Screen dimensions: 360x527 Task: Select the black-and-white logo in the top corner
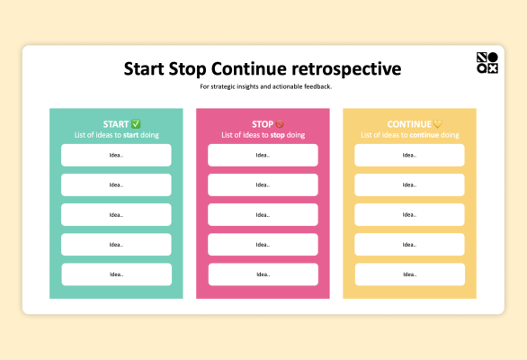[x=487, y=63]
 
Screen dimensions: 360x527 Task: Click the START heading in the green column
[x=116, y=124]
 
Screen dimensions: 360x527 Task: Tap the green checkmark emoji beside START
[x=136, y=124]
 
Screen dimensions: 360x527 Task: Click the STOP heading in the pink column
[x=262, y=124]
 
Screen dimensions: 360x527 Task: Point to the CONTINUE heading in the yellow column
[x=408, y=124]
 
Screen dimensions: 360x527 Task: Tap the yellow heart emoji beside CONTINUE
[x=438, y=124]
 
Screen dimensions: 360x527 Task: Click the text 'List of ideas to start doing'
[x=116, y=135]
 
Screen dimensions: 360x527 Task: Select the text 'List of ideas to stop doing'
[x=263, y=135]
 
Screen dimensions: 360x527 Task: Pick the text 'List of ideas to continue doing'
[x=410, y=135]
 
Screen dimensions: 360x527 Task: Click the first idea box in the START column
[x=116, y=155]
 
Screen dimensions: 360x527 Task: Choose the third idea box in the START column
[x=116, y=215]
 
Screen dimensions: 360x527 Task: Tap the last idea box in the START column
[x=116, y=274]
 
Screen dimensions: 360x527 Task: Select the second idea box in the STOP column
[x=263, y=184]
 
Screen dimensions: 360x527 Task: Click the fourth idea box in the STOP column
[x=263, y=245]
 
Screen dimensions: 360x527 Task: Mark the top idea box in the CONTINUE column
[x=409, y=155]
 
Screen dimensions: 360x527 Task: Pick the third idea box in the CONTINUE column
[x=409, y=215]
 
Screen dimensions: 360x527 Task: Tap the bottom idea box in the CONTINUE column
[x=409, y=274]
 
